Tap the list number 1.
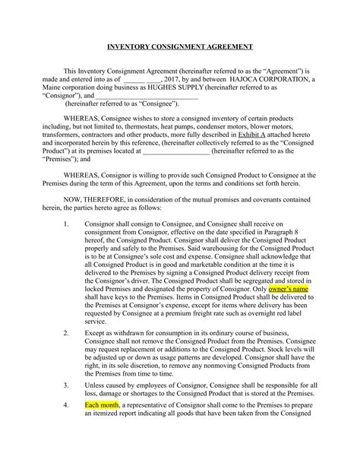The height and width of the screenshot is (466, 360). tap(67, 224)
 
